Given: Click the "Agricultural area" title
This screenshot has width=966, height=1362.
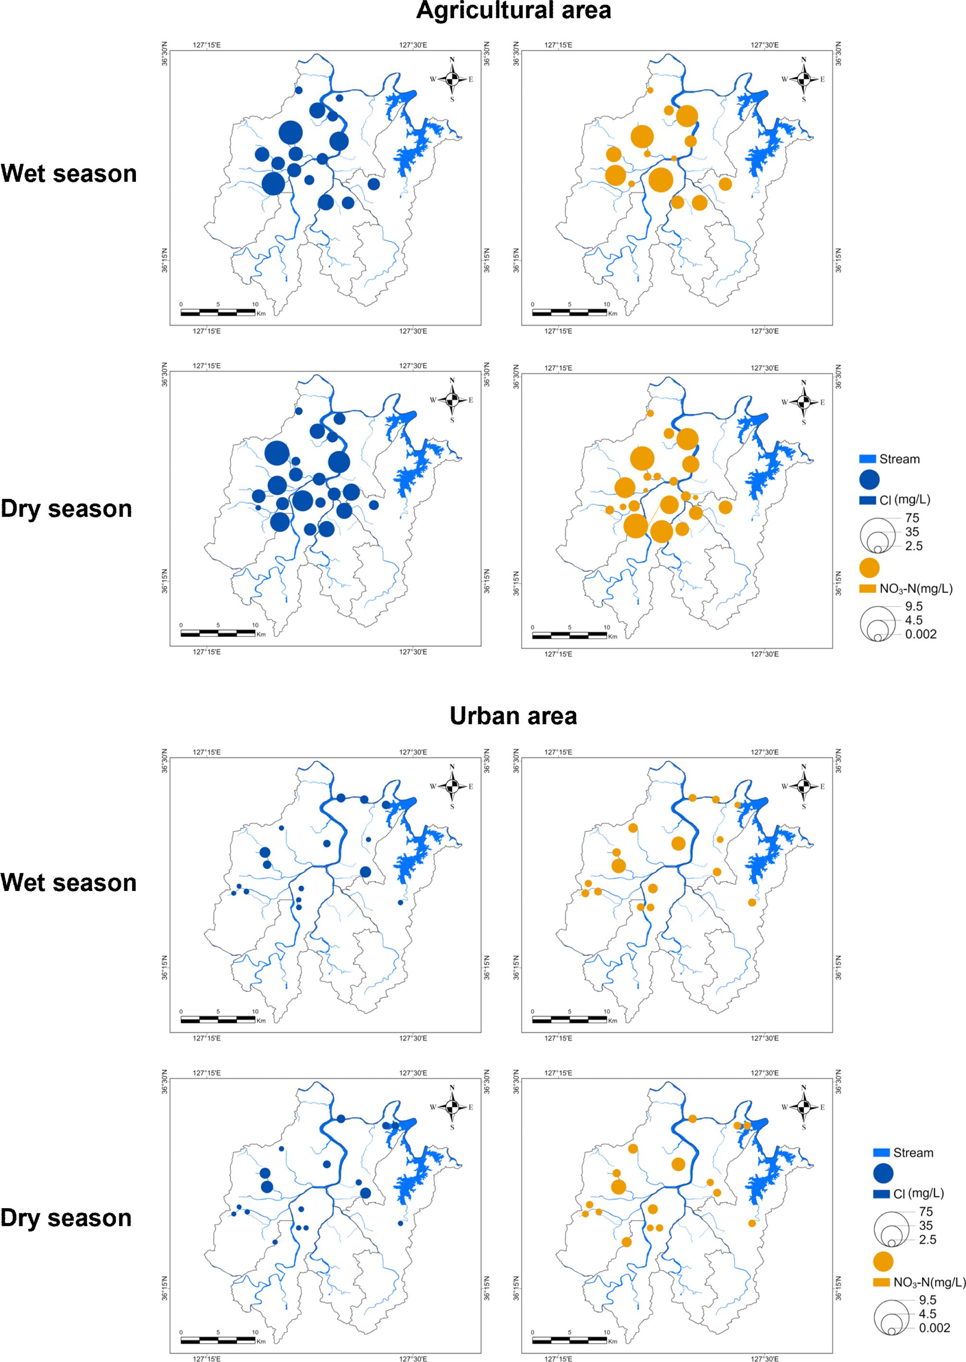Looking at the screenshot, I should click(x=514, y=11).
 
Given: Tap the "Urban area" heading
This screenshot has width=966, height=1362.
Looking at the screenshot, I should click(x=514, y=716).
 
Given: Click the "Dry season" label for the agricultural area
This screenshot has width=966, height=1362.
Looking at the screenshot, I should click(x=66, y=509).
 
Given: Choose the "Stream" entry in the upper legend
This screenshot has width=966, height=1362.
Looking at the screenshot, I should click(x=899, y=459).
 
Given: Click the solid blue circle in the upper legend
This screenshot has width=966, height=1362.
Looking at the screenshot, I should click(x=869, y=479).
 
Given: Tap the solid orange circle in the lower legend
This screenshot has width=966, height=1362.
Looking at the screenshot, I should click(x=883, y=1262).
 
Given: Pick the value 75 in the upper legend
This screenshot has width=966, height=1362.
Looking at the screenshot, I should click(x=911, y=518).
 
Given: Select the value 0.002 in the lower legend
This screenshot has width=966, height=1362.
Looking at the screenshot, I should click(x=934, y=1327).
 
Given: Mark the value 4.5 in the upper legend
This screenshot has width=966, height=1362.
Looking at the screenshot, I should click(x=914, y=620).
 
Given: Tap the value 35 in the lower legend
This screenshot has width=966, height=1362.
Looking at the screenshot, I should click(x=926, y=1226).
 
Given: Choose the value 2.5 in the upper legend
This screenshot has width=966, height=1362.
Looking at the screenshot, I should click(x=914, y=545).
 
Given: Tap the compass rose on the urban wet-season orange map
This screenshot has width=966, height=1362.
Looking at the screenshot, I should click(x=804, y=787).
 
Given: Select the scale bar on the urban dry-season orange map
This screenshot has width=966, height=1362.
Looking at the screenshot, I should click(x=569, y=1339).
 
